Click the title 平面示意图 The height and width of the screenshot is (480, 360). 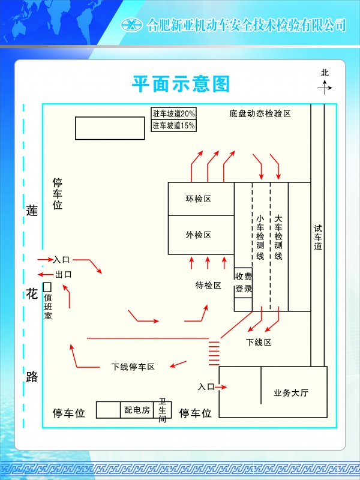[x=181, y=84]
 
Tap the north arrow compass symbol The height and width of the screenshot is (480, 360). [x=325, y=88]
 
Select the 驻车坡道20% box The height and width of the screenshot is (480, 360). [x=173, y=113]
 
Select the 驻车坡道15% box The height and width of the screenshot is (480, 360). [x=173, y=125]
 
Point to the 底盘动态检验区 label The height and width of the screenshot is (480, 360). [x=260, y=113]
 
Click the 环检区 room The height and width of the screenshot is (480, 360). [x=201, y=199]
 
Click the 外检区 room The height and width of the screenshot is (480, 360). [x=201, y=235]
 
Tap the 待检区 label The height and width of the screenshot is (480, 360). [x=208, y=286]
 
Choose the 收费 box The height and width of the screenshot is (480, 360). [x=244, y=277]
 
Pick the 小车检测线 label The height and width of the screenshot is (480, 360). [x=260, y=237]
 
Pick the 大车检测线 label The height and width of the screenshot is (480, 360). [x=278, y=237]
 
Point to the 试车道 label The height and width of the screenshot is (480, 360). [x=318, y=237]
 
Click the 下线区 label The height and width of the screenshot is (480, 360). [x=259, y=342]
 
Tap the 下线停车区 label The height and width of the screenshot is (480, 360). [x=133, y=367]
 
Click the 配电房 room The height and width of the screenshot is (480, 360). [x=137, y=410]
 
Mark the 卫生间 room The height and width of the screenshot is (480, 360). [x=162, y=410]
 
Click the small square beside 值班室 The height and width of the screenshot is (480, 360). [x=47, y=287]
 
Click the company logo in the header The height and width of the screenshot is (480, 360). [x=131, y=25]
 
